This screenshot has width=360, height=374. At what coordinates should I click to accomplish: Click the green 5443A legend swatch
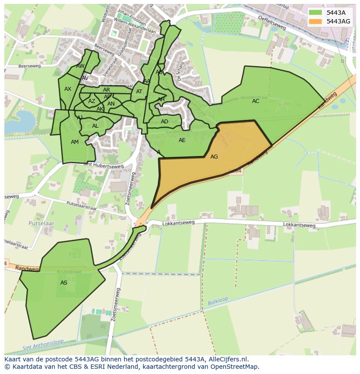click(x=316, y=13)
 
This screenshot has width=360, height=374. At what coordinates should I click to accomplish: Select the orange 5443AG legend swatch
click(x=316, y=21)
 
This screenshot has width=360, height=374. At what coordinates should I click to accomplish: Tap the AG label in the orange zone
click(x=214, y=157)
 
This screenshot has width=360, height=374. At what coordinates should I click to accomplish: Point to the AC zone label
click(x=256, y=101)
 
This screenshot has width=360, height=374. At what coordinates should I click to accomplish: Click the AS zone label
click(x=64, y=283)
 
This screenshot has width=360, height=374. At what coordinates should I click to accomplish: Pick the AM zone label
click(x=75, y=142)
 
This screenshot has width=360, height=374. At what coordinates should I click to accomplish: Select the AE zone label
click(x=182, y=140)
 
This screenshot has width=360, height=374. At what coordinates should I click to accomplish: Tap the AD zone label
click(x=164, y=122)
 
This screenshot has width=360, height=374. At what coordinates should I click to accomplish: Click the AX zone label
click(x=68, y=89)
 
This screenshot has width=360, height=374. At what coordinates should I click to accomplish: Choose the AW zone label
click(x=80, y=66)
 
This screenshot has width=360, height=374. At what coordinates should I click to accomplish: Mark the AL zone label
click(x=95, y=126)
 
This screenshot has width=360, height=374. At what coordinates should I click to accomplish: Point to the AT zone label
click(x=139, y=92)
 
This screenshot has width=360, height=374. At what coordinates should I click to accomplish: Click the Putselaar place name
click(x=41, y=223)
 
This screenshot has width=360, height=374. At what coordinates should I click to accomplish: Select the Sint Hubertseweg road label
click(x=103, y=165)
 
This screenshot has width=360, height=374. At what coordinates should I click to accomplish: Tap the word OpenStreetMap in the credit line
click(x=235, y=367)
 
